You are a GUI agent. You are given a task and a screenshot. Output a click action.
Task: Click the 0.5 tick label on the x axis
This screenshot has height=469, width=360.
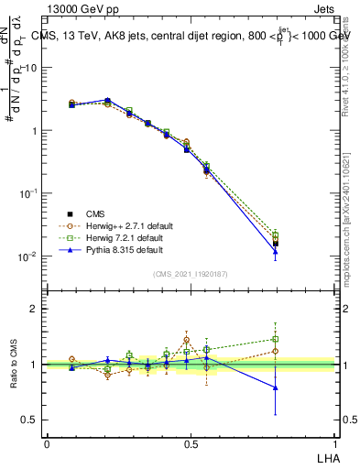tap(191, 444)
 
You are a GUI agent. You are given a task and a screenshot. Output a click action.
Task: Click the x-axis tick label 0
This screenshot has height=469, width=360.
tap(47, 444)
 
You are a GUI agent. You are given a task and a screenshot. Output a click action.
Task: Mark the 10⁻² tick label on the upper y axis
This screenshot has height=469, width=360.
tap(27, 256)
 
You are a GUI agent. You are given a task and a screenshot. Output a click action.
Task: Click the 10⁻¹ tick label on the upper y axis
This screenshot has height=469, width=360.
tap(27, 193)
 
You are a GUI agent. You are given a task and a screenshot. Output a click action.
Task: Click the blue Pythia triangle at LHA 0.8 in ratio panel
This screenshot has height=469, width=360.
tap(276, 387)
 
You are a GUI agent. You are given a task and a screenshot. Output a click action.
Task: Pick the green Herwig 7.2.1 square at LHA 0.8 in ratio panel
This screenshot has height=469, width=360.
tap(276, 339)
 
